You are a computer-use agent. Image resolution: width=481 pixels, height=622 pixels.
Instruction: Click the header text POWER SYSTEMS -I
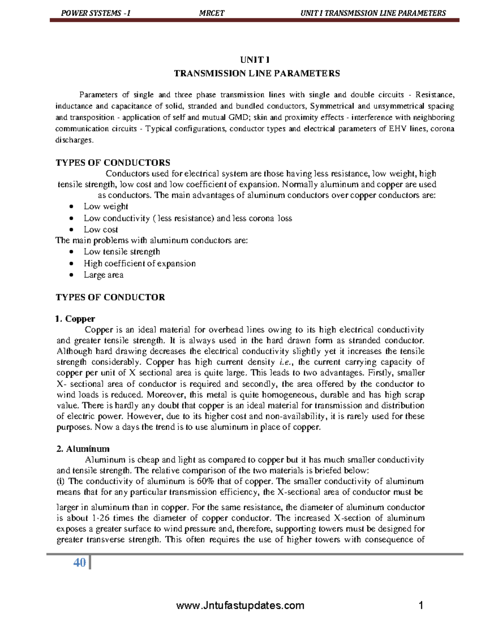95,13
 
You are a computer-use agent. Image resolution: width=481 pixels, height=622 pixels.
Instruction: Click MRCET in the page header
212,13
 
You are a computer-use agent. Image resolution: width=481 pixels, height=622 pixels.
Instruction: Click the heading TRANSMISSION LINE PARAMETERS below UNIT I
257,73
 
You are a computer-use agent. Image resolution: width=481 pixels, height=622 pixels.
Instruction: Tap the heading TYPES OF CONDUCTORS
113,163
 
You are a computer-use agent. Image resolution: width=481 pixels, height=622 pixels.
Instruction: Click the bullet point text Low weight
106,207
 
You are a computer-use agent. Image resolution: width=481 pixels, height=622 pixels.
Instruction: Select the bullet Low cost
101,229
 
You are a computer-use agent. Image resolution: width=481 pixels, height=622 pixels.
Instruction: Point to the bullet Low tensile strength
121,252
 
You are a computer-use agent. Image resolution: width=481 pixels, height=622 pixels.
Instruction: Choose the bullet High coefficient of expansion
139,264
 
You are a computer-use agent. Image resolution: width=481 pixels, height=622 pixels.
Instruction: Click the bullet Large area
103,275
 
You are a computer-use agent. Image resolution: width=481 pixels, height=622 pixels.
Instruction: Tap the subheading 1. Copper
75,319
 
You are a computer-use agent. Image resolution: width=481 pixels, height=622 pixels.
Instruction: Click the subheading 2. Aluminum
83,449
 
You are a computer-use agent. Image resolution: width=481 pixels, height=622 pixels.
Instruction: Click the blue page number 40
79,563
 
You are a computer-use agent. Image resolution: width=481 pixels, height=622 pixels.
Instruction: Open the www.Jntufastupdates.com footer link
240,605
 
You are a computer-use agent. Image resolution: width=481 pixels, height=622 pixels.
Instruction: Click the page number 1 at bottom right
421,605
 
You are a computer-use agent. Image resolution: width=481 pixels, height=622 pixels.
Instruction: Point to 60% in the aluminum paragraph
206,481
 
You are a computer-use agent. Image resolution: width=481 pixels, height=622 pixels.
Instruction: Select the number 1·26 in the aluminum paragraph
101,518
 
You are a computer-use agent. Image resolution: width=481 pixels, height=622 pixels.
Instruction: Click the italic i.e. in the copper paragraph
286,362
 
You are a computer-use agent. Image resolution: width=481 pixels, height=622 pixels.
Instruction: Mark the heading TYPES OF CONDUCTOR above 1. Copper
110,297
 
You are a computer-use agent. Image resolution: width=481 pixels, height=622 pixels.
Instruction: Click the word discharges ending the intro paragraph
74,140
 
